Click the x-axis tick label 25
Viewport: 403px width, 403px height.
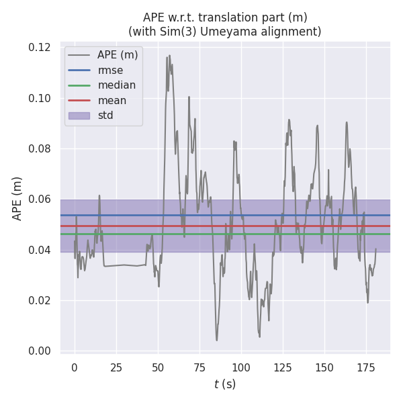pyautogui.click(x=116, y=367)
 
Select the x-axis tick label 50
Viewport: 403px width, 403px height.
pyautogui.click(x=158, y=367)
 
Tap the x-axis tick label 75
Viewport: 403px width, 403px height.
pyautogui.click(x=199, y=367)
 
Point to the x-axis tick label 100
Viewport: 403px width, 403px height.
pyautogui.click(x=241, y=367)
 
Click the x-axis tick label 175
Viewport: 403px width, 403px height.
pyautogui.click(x=366, y=367)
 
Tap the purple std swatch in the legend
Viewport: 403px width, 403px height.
pyautogui.click(x=79, y=116)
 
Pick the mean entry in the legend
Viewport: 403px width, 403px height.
pyautogui.click(x=111, y=101)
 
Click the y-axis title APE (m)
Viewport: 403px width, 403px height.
pyautogui.click(x=17, y=198)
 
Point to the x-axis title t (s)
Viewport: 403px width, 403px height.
pyautogui.click(x=225, y=384)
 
